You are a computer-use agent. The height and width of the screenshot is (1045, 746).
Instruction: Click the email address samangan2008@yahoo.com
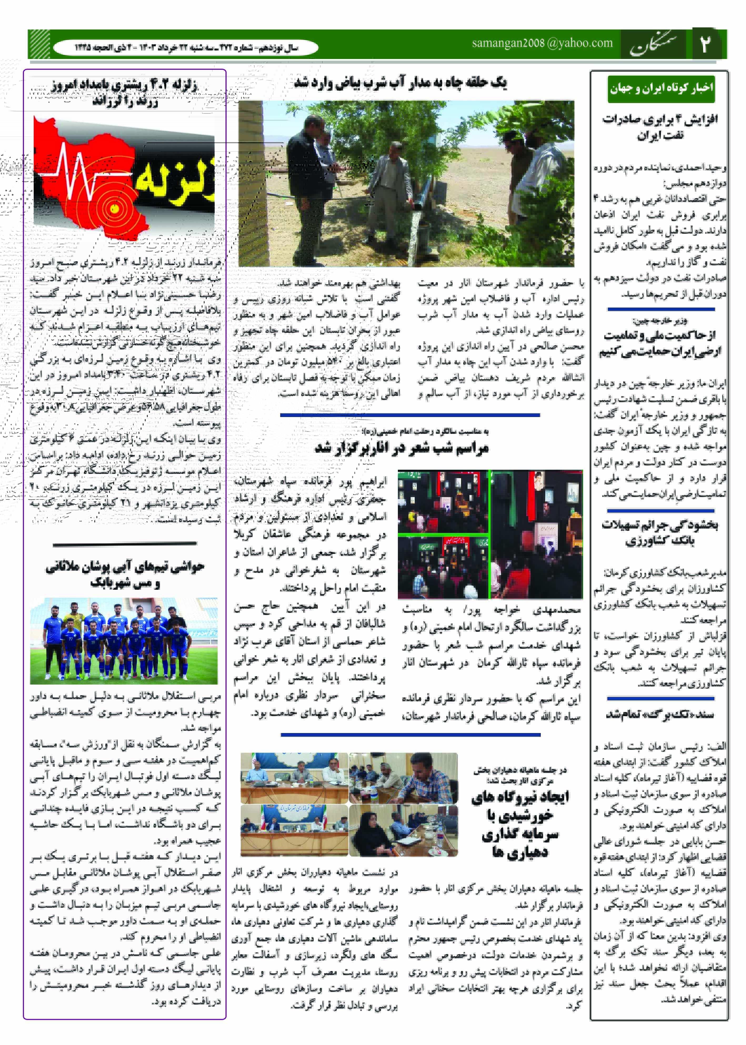pos(542,43)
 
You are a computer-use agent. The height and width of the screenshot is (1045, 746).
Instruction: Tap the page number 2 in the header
pos(705,44)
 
